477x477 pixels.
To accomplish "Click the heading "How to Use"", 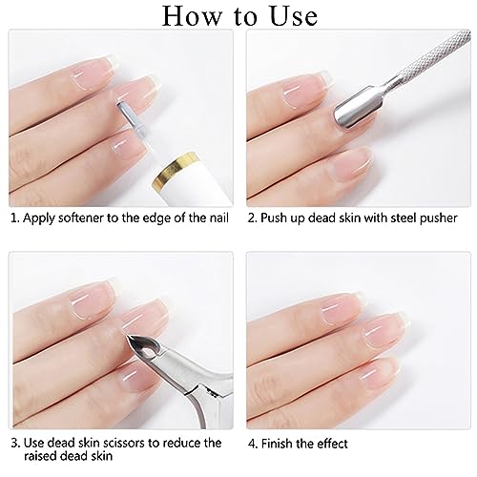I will (x=238, y=16).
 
